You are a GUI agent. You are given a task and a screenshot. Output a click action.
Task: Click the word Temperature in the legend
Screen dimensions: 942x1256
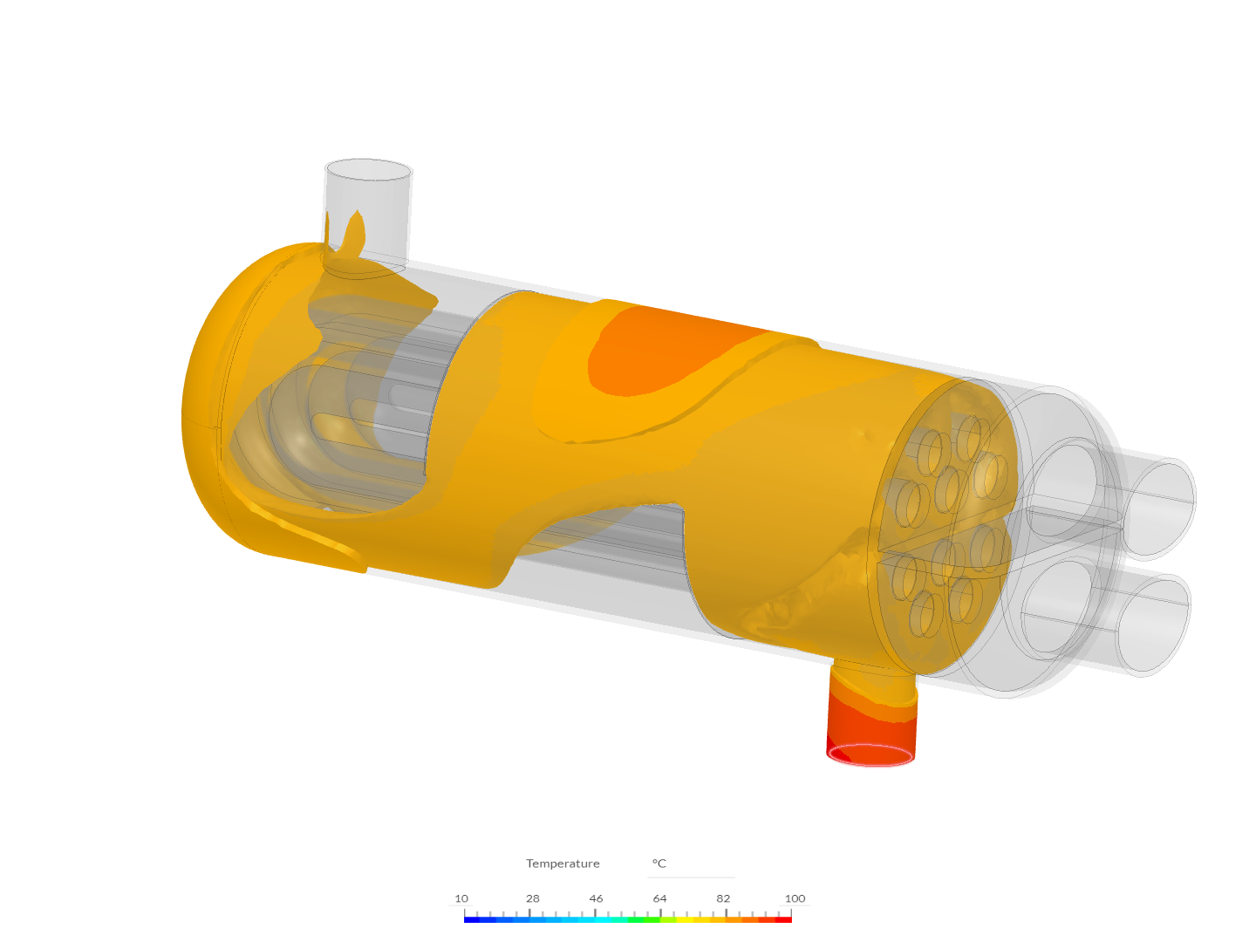tap(563, 863)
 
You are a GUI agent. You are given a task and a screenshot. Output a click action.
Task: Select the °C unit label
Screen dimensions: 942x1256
tap(659, 863)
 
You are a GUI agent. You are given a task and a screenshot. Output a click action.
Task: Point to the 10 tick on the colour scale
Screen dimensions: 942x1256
tap(461, 898)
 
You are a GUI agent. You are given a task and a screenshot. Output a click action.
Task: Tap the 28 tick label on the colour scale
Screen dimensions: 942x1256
tap(532, 898)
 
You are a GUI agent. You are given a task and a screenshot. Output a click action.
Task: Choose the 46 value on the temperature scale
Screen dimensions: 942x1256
tap(596, 898)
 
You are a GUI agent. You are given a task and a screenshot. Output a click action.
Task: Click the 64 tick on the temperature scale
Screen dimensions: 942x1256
tap(659, 898)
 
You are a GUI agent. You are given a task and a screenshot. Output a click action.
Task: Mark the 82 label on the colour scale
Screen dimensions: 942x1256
tap(723, 898)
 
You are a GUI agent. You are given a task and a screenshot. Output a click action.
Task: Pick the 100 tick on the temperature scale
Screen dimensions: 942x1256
tap(795, 898)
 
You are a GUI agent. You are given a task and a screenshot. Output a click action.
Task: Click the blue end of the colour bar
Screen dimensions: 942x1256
tap(468, 919)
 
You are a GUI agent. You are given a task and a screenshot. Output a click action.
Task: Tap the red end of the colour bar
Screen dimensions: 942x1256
tap(787, 919)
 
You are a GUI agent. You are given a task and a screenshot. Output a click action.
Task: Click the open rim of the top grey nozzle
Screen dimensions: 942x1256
tap(368, 170)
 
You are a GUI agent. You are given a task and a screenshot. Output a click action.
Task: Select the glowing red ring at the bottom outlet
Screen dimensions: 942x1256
tap(871, 755)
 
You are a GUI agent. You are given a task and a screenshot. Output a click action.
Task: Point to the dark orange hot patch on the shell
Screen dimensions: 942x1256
tap(663, 349)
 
